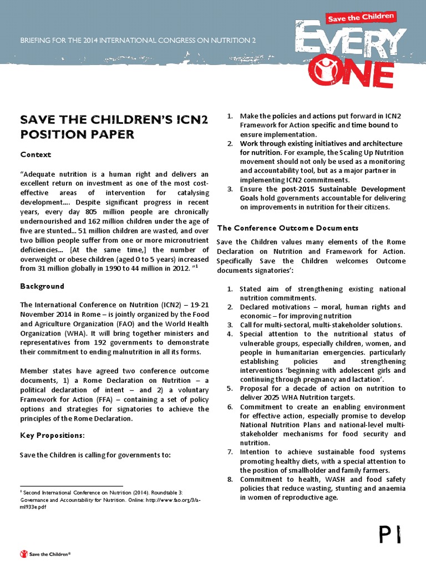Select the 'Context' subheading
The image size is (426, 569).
35,154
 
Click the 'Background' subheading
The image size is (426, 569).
42,286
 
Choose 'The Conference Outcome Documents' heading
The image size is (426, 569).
287,228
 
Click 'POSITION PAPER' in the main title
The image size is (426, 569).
77,134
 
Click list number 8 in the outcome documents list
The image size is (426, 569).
230,480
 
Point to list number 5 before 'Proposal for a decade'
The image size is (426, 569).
230,388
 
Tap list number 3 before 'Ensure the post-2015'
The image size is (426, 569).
230,189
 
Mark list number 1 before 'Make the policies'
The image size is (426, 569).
230,116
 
